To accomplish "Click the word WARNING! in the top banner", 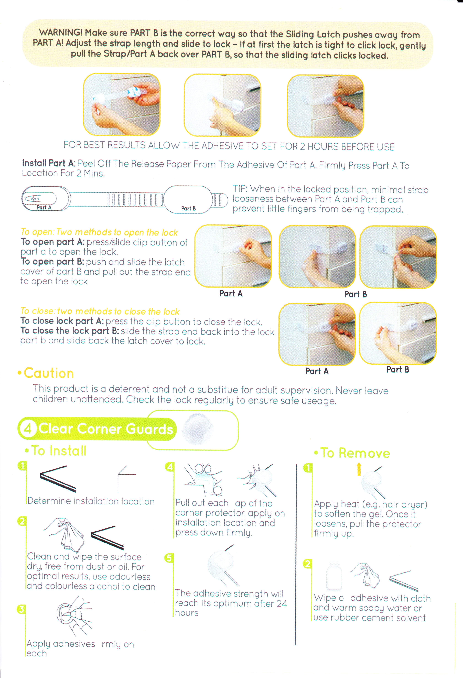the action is [x=61, y=32].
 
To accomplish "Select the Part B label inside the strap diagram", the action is [x=188, y=208].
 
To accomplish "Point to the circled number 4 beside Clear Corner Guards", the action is [x=28, y=429].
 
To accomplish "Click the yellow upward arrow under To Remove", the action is [x=359, y=469].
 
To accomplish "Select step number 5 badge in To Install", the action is [x=169, y=558].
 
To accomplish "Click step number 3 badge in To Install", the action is [x=21, y=609].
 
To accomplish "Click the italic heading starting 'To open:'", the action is [x=99, y=232].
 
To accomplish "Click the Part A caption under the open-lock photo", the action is [x=231, y=293].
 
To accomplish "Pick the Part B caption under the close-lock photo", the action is [x=398, y=370].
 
